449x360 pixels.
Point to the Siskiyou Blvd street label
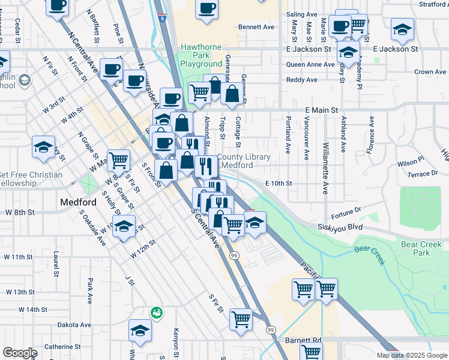(x=340, y=227)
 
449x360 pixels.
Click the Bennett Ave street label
(x=256, y=27)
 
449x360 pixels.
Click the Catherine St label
(x=62, y=346)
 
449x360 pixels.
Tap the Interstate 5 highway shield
(x=163, y=19)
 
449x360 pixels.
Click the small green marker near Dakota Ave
(x=156, y=313)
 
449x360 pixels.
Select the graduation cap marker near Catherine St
(x=140, y=331)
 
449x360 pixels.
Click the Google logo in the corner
(x=20, y=353)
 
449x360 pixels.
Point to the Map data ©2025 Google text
(x=411, y=355)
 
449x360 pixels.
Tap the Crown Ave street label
(x=430, y=72)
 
